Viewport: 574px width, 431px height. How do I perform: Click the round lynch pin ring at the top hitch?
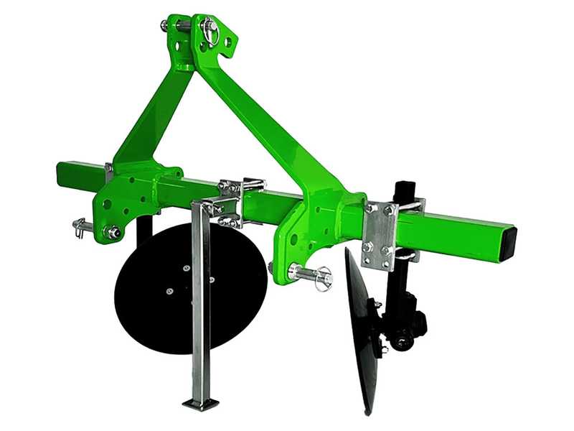pos(210,29)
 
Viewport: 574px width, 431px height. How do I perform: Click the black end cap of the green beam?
pos(509,236)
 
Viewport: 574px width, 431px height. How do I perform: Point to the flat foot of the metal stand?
pos(201,403)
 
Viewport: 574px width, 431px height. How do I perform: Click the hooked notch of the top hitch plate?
pos(228,42)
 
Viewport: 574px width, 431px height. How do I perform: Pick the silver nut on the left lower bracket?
pos(113,232)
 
